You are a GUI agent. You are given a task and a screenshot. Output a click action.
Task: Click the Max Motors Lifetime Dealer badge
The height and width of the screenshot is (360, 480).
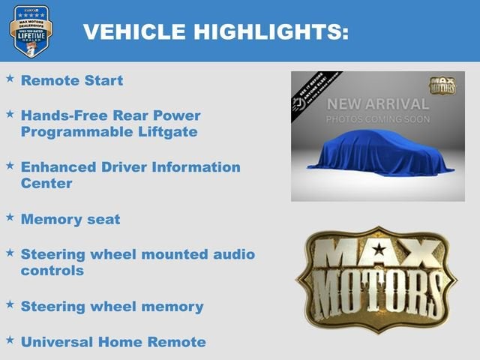[x=31, y=31]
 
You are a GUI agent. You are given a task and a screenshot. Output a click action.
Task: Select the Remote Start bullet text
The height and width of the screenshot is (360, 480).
[x=72, y=80]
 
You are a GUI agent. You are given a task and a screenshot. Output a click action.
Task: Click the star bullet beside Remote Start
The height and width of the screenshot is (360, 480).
[x=10, y=78]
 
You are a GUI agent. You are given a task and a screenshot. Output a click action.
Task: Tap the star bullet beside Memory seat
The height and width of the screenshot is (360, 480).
[x=10, y=217]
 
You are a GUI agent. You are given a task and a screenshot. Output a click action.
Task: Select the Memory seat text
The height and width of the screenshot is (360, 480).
[x=70, y=219]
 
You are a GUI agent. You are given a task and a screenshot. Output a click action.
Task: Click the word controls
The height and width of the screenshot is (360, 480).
[x=52, y=270]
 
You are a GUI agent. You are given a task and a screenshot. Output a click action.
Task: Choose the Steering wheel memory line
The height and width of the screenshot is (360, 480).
[x=112, y=306]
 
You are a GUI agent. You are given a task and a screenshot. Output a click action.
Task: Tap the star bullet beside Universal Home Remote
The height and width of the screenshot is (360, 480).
[x=10, y=340]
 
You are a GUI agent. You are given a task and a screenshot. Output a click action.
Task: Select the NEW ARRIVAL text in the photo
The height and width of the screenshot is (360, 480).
[x=377, y=104]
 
